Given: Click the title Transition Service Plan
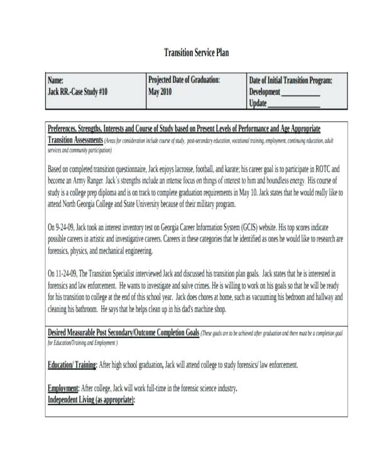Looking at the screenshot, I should pos(196,52).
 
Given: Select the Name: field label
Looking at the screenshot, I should pos(56,81).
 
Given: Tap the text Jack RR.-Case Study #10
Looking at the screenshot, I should pos(78,92).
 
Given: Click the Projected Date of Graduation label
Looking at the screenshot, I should pos(184,80).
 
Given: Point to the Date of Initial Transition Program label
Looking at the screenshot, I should pos(290,81).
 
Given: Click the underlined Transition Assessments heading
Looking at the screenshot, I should pos(75,140).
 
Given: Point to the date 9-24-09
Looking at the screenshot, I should pos(67,227).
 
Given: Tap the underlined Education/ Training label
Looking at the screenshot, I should pos(72,365).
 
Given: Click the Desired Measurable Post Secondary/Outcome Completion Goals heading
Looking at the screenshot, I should pos(124,332).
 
